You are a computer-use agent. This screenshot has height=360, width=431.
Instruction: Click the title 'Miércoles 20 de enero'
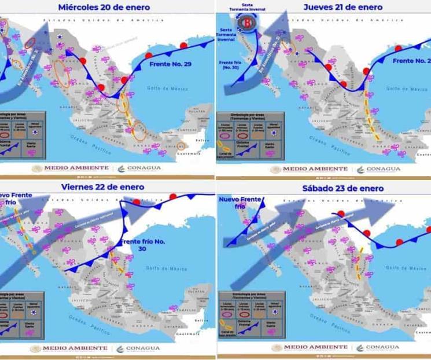click(x=104, y=7)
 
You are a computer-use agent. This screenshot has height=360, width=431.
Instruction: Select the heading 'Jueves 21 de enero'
click(x=342, y=7)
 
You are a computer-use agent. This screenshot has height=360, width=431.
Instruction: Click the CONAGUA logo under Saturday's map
click(x=378, y=347)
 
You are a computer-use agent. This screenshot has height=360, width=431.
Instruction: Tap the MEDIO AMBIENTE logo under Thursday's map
click(x=309, y=169)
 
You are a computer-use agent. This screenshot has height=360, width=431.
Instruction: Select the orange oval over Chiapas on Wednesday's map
click(x=182, y=146)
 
